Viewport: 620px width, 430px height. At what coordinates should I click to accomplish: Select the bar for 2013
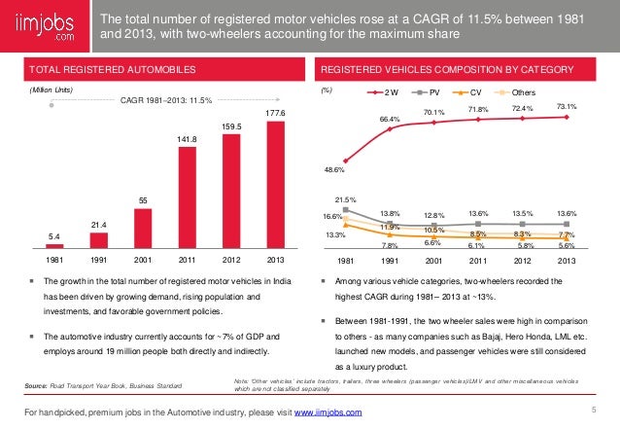[277, 185]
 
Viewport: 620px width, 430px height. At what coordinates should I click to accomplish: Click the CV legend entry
[480, 93]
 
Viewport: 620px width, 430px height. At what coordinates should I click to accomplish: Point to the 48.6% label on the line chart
[333, 169]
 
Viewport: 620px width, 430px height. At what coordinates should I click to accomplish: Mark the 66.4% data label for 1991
[391, 119]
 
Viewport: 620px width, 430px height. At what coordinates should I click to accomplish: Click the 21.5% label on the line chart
[333, 199]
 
